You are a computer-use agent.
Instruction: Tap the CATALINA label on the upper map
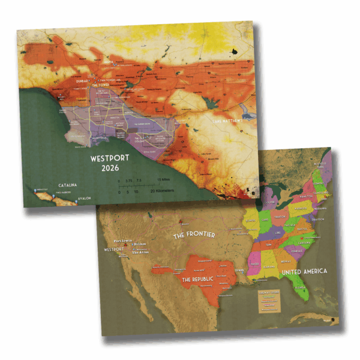coord(67,185)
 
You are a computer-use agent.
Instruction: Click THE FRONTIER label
coord(194,235)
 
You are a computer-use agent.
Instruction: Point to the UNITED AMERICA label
coord(305,272)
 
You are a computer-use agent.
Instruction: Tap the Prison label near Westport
coord(139,244)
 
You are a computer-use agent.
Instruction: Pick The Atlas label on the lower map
coord(139,253)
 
